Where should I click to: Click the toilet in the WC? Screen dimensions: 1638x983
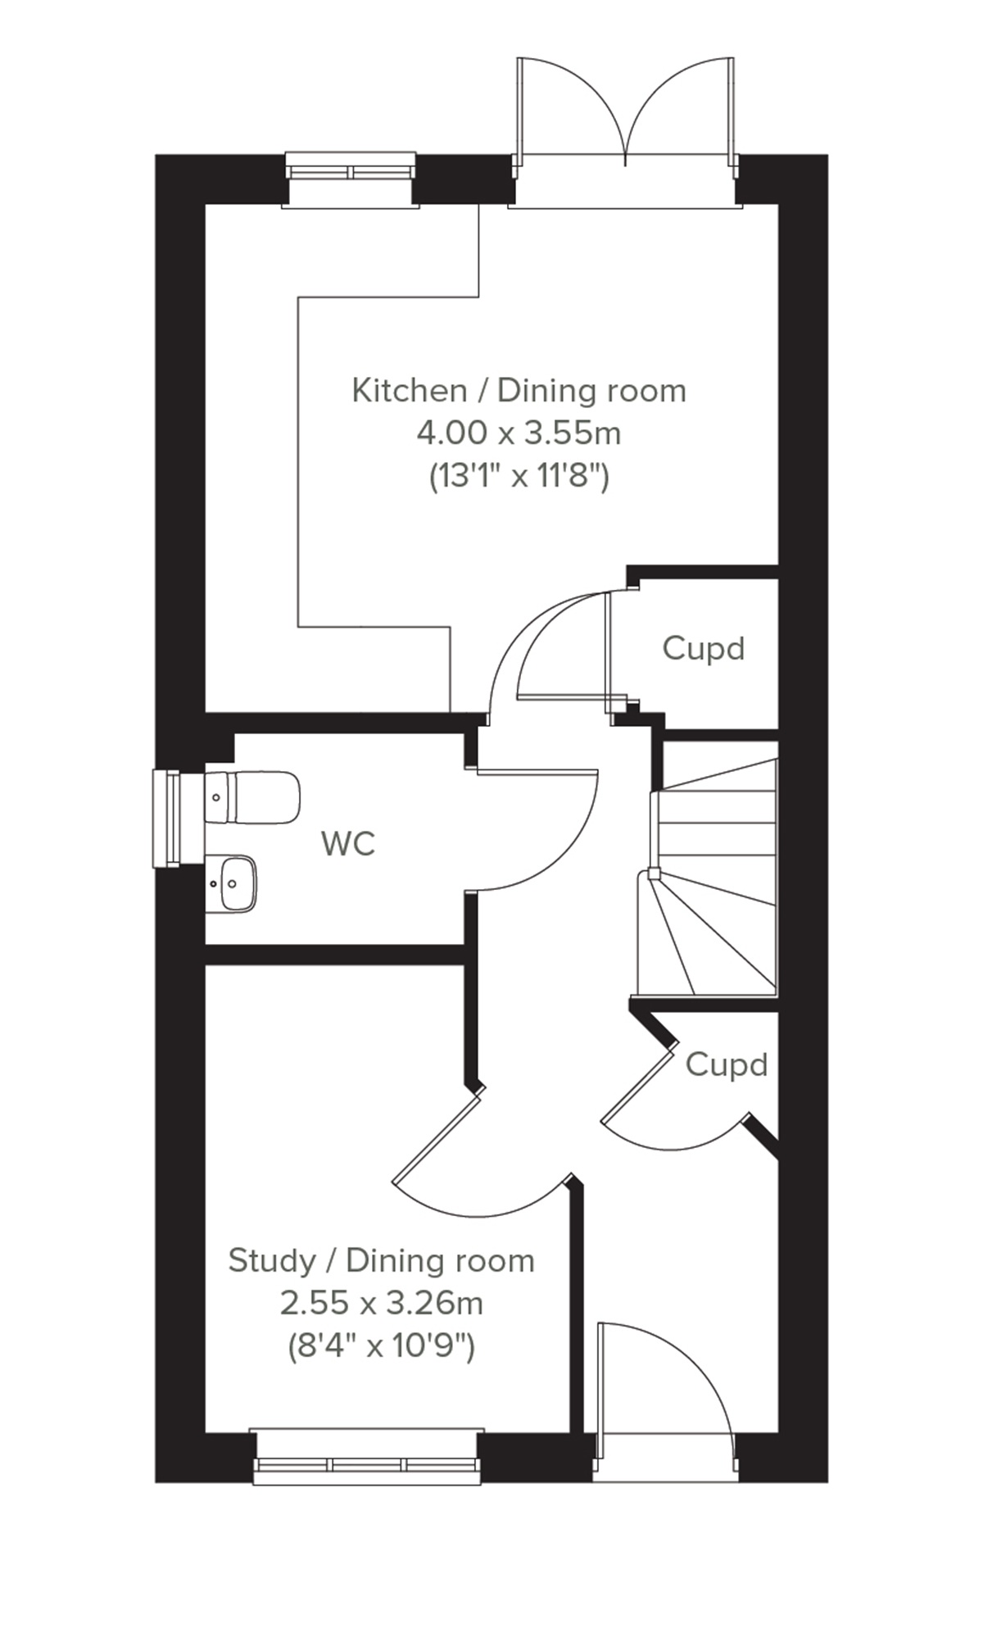click(253, 796)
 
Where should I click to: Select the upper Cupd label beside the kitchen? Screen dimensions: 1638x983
click(704, 648)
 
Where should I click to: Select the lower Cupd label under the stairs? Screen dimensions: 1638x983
click(727, 1064)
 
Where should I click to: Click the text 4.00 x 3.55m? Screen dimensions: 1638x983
click(519, 433)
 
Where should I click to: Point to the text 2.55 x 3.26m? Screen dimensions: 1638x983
click(381, 1302)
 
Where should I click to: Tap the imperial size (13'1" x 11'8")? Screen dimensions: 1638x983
click(519, 475)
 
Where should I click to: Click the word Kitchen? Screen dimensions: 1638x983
click(409, 390)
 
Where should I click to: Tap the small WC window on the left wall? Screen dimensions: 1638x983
click(167, 818)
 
